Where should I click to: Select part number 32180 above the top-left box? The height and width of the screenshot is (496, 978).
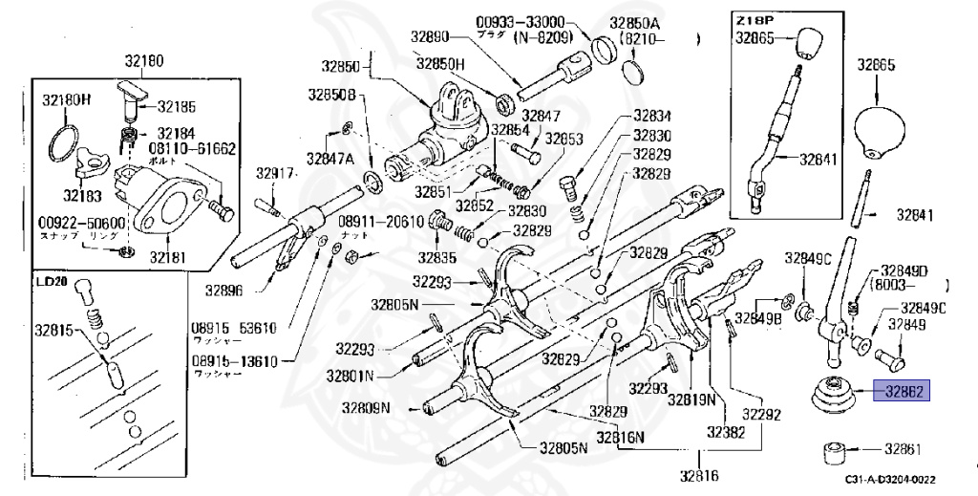(143, 62)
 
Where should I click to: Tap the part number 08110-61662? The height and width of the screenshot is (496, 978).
(193, 150)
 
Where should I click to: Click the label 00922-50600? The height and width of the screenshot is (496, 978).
(77, 222)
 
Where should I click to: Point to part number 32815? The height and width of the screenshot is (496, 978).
(55, 330)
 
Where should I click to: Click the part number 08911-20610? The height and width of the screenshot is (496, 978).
(381, 221)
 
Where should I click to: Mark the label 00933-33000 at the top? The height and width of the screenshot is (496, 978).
(521, 21)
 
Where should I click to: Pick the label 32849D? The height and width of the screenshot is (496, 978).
(904, 270)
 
